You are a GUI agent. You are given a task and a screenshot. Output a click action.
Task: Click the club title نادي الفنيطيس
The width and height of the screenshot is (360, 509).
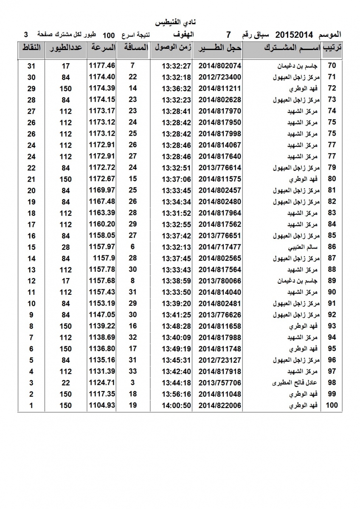click(x=177, y=22)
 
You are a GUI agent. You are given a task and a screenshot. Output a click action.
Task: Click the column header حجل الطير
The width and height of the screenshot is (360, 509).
click(x=219, y=48)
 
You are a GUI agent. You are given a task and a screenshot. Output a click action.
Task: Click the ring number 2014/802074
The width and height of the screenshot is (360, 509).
click(x=220, y=66)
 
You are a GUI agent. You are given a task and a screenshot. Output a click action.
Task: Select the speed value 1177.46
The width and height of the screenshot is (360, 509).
click(x=102, y=66)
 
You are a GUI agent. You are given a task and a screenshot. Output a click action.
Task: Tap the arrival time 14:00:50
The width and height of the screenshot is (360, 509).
click(x=177, y=406)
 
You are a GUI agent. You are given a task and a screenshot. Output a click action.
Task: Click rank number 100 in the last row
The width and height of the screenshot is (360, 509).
click(x=332, y=406)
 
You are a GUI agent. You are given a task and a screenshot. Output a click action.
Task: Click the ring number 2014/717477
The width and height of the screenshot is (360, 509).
click(x=220, y=247)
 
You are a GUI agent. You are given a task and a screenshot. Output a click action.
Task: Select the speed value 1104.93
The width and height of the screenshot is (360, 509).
click(x=102, y=405)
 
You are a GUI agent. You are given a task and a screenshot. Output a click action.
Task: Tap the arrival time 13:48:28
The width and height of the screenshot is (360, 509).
click(x=177, y=326)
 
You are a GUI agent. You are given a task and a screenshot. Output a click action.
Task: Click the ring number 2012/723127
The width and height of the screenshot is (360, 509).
click(x=220, y=360)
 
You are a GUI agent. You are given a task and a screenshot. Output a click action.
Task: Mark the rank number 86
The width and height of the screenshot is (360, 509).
click(x=332, y=247)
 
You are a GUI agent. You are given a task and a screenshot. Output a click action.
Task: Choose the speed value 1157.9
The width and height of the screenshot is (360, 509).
click(x=104, y=258)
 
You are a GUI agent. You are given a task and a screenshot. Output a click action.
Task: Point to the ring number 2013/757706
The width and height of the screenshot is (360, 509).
click(x=220, y=383)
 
